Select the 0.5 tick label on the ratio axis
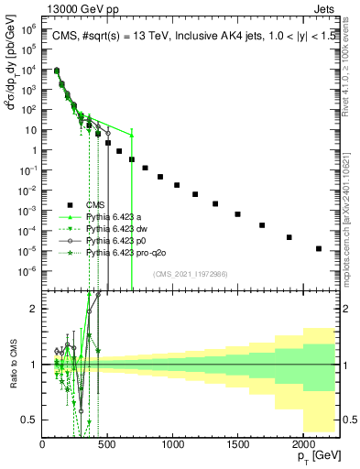tap(30, 420)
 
